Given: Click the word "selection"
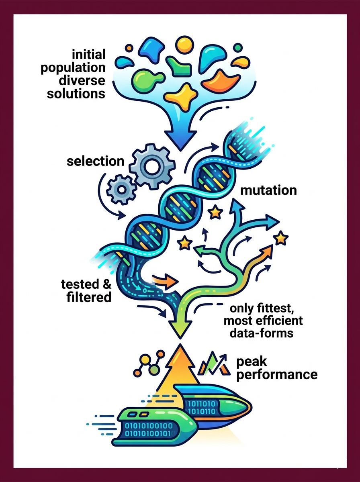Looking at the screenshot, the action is (x=96, y=161).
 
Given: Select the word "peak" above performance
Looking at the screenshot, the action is (x=252, y=362).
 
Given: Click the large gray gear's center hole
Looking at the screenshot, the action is (x=152, y=166).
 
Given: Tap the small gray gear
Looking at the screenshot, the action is (x=121, y=190).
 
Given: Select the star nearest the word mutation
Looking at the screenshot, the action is (x=215, y=212).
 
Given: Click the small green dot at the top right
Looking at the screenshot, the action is (x=238, y=47).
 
